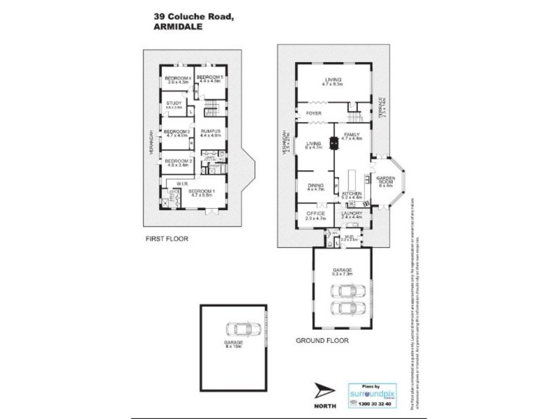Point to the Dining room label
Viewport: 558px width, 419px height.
[315, 185]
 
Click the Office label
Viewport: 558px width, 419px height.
[315, 214]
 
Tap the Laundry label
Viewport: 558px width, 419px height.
[352, 214]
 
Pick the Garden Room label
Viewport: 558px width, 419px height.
[386, 180]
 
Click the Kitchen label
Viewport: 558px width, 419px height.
[352, 193]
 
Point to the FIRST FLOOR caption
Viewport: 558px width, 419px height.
[167, 238]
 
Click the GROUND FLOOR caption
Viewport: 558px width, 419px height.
[322, 341]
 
